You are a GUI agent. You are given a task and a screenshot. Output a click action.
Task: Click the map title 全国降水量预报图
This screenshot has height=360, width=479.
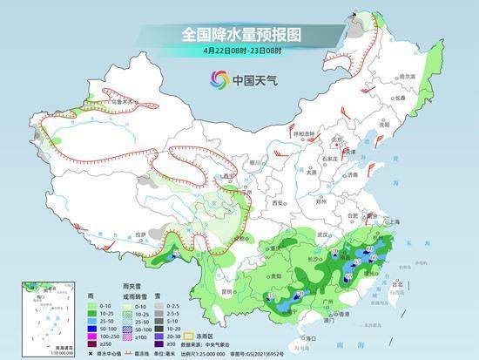click(x=239, y=34)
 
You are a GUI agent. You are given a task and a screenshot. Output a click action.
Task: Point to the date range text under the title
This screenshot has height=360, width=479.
click(x=239, y=51)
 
